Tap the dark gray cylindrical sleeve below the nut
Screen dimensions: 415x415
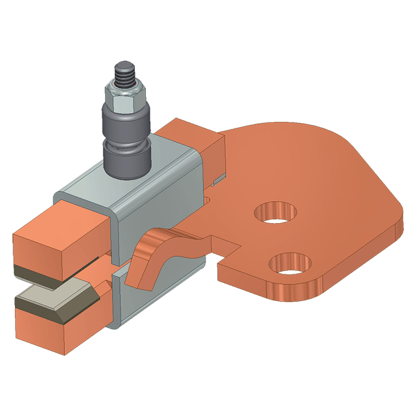pos(126,121)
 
